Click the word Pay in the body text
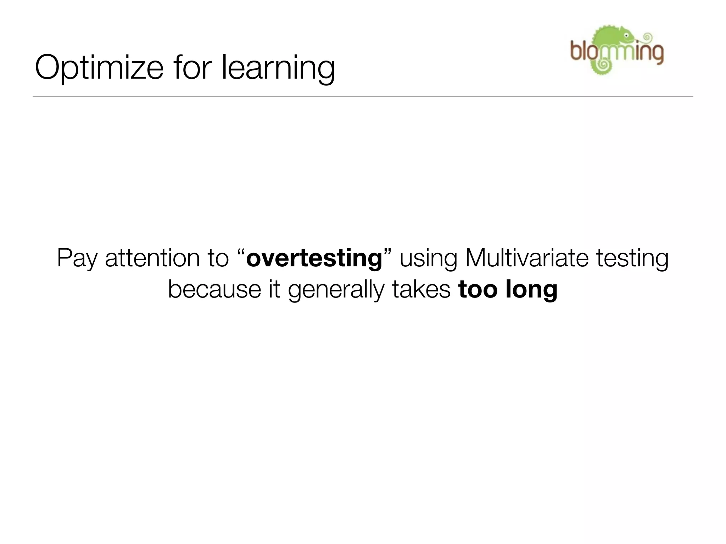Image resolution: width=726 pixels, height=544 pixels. tap(77, 259)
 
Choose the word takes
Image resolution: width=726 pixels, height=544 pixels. tap(421, 289)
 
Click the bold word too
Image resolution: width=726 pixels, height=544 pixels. tap(479, 289)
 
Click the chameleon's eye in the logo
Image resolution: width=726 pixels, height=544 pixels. tap(626, 36)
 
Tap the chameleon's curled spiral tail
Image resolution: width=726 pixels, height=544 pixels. tap(601, 65)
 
